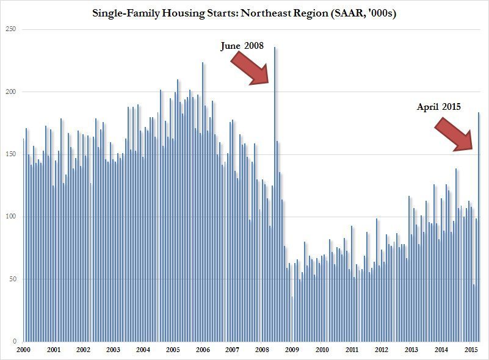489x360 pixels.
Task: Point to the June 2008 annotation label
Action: (245, 46)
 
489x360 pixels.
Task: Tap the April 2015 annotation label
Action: (438, 107)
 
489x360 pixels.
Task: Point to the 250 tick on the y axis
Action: (12, 29)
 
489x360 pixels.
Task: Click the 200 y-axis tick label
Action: (12, 92)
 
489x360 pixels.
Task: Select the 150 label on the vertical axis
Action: (12, 154)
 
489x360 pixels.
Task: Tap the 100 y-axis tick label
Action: (12, 217)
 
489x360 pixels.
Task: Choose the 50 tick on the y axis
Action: (13, 279)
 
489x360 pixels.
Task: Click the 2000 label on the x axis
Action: (24, 350)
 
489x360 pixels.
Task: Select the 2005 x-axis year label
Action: (173, 350)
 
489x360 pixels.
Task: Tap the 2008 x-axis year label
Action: (262, 350)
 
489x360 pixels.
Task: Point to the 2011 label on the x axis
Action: (352, 350)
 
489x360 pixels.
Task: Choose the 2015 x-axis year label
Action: (471, 350)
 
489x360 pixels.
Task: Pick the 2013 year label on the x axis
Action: (411, 350)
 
